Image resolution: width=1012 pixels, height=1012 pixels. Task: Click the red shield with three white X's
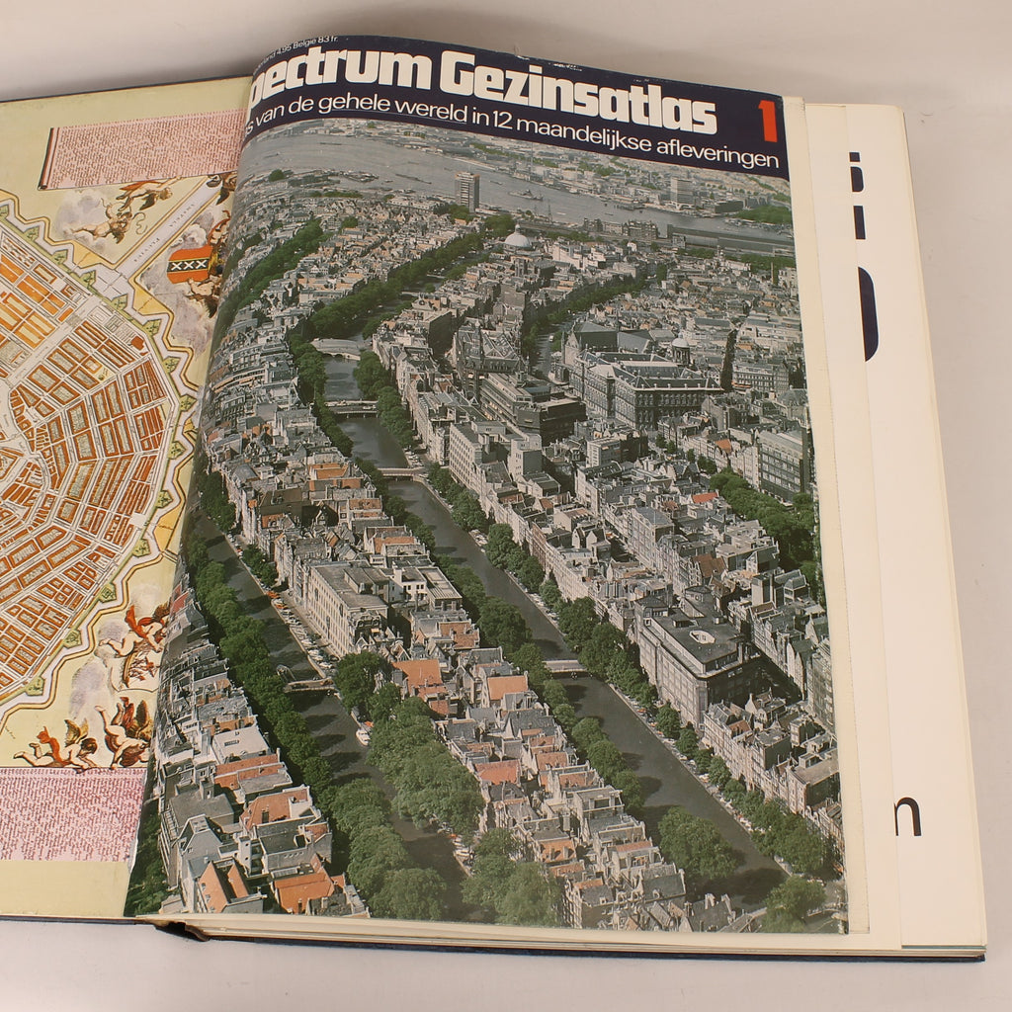point(191,264)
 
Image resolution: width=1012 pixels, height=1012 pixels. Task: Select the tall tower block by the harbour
point(467,190)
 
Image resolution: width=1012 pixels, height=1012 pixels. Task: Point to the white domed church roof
point(518,238)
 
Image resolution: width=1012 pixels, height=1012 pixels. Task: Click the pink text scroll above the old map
point(143,147)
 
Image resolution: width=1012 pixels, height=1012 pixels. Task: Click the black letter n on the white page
point(907,816)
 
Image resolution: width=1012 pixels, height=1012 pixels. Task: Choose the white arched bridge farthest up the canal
point(336,347)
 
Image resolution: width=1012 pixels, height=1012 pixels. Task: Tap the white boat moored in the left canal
point(364,734)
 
